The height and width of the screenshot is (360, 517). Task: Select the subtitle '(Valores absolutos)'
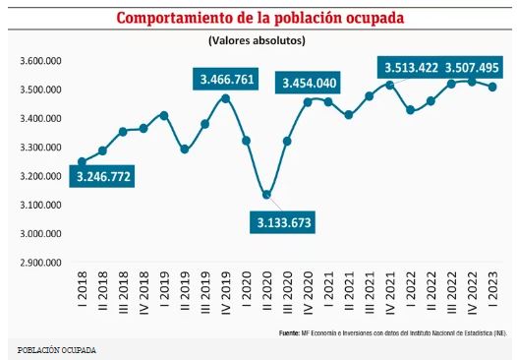coord(258,40)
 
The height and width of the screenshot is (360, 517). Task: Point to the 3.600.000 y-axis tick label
coord(41,61)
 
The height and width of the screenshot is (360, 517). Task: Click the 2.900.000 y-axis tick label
coord(41,264)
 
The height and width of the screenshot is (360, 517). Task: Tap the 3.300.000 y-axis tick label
coord(41,148)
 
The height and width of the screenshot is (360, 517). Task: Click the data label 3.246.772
coord(101,178)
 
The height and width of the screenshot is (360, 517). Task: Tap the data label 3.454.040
coord(311,83)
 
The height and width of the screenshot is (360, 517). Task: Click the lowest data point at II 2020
coord(267,195)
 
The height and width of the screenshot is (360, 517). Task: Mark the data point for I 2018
coord(82,162)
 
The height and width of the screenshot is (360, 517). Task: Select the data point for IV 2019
coord(225,98)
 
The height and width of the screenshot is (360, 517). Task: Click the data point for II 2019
coord(184,150)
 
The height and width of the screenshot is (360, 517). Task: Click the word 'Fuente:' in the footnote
coord(289,334)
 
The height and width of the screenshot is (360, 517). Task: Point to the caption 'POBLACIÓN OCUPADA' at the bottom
coord(57,350)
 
